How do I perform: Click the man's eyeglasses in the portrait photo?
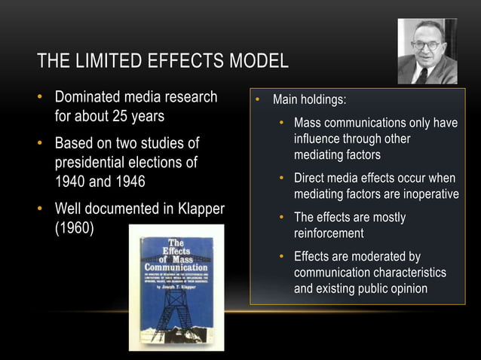click(x=427, y=44)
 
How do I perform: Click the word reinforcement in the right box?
click(x=329, y=233)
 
